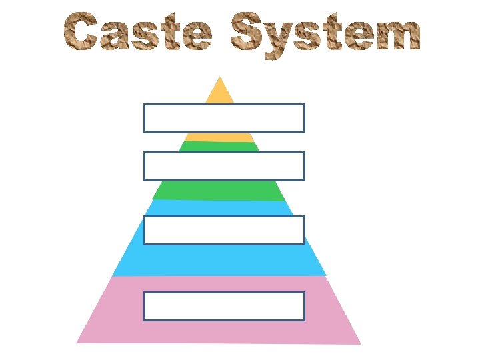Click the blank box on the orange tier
pos(224,118)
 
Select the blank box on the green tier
pos(224,166)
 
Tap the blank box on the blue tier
pos(224,230)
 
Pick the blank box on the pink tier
pos(224,306)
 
